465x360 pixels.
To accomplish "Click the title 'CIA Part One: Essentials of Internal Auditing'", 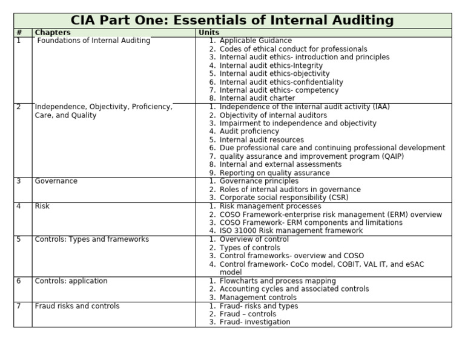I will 232,21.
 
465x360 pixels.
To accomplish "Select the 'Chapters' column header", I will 52,33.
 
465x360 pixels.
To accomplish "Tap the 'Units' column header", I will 209,33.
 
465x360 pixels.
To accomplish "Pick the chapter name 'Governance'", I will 56,181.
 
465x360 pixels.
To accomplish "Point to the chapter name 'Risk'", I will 42,206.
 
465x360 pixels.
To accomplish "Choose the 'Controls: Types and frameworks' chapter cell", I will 91,239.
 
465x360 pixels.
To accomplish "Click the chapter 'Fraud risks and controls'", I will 77,306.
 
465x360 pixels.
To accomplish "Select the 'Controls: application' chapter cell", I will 71,281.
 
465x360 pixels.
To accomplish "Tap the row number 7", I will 19,306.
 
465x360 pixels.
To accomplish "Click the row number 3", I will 19,181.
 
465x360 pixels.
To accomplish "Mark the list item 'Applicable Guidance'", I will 256,41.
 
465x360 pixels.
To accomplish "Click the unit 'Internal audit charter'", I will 257,98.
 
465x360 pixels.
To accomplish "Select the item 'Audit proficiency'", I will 249,132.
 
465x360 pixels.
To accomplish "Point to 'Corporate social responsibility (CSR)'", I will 284,198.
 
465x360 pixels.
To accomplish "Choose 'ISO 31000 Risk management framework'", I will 291,231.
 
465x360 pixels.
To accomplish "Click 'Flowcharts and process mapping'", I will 277,281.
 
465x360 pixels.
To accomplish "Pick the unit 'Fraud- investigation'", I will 255,322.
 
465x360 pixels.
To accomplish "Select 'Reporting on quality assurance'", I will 275,173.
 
